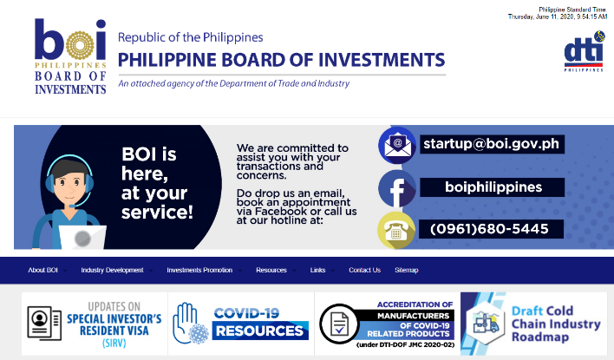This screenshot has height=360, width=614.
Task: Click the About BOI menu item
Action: (x=43, y=270)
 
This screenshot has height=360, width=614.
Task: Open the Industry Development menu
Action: (x=112, y=270)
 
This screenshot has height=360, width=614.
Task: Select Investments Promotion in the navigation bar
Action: (x=199, y=270)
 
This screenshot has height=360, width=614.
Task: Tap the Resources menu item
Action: (x=271, y=270)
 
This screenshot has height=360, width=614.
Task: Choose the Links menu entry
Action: (x=317, y=270)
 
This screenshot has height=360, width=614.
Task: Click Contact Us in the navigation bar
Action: (x=364, y=270)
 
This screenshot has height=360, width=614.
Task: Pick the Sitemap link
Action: (x=407, y=270)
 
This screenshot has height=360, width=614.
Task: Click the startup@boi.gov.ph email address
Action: (x=492, y=144)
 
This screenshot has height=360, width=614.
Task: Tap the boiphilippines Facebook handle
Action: (x=493, y=187)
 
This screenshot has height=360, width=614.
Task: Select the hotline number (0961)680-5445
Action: (x=489, y=229)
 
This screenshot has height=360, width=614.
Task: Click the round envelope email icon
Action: (x=397, y=145)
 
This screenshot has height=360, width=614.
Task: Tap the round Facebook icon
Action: (x=397, y=188)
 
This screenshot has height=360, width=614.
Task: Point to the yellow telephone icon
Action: (x=396, y=231)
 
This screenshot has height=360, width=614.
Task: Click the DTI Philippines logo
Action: (x=584, y=51)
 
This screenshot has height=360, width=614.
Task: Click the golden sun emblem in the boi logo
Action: (x=80, y=45)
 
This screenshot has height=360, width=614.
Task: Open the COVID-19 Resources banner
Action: (x=241, y=324)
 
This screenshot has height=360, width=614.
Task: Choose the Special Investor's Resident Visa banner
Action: (x=95, y=324)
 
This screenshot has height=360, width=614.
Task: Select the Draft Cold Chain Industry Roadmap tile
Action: (x=533, y=324)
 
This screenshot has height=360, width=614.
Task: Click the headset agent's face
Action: (x=69, y=184)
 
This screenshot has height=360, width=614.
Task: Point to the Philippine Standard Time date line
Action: (x=558, y=16)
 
